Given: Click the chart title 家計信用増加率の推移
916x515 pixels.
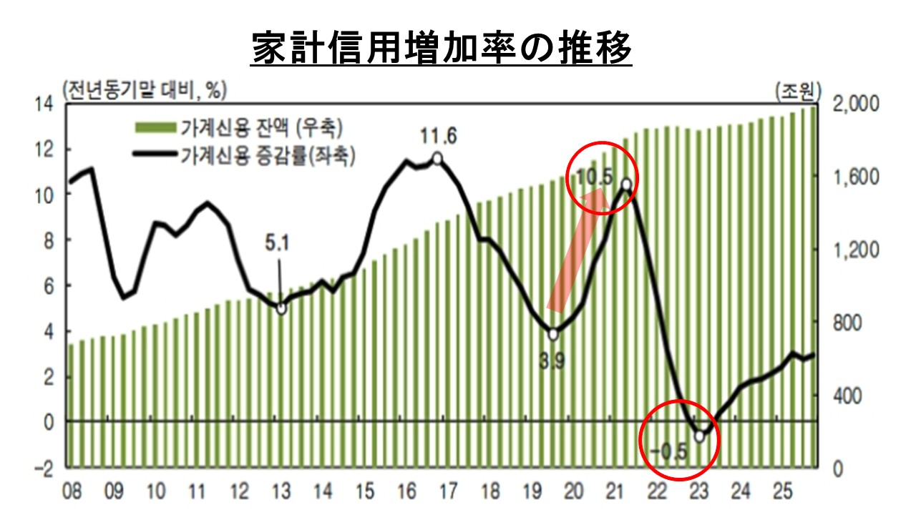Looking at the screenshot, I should click(442, 49).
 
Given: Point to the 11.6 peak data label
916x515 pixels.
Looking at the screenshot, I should click(438, 136).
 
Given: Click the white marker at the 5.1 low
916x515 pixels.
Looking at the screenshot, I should click(281, 308).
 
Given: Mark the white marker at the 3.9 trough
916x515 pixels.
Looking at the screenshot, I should click(553, 334).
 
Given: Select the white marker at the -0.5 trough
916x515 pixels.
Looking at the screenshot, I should click(699, 436).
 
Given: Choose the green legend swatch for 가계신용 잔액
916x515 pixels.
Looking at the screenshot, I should click(155, 129).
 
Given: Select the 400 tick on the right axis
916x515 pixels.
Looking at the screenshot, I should click(848, 395).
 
